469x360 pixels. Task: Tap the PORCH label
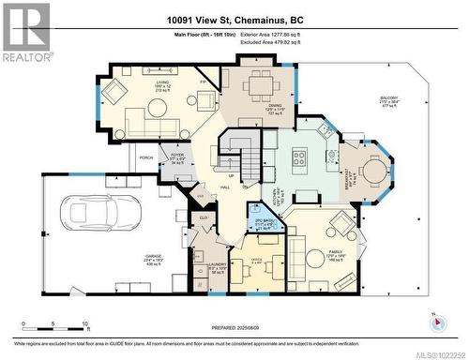pos(145,157)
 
